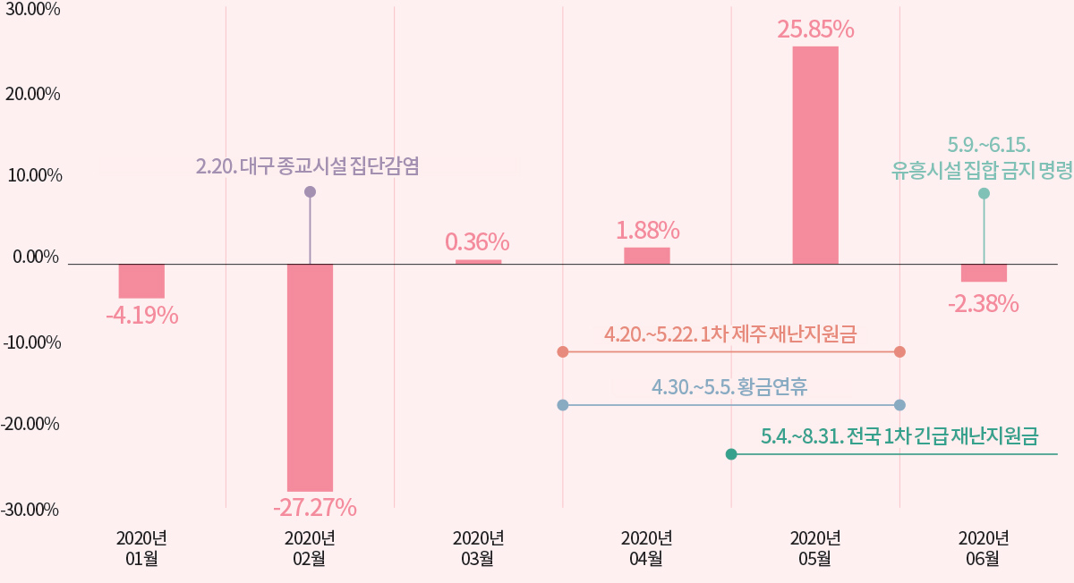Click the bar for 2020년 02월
tap(310, 376)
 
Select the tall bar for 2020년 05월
tap(815, 155)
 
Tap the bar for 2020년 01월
tap(141, 281)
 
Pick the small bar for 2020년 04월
tap(647, 256)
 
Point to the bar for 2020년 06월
tap(984, 273)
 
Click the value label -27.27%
tap(315, 508)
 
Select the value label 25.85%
tap(815, 30)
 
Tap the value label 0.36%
tap(477, 241)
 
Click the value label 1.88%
tap(647, 230)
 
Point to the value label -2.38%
tap(983, 304)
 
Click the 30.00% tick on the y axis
tap(32, 11)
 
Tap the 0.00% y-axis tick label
tap(36, 258)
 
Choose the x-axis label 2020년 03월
tap(478, 548)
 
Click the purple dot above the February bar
tap(310, 191)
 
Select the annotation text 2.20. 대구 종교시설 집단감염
tap(307, 166)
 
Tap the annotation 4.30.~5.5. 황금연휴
tap(729, 387)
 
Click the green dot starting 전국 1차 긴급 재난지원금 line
tap(731, 454)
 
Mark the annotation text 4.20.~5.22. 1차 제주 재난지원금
tap(730, 334)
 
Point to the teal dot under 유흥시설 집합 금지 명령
tap(984, 193)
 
